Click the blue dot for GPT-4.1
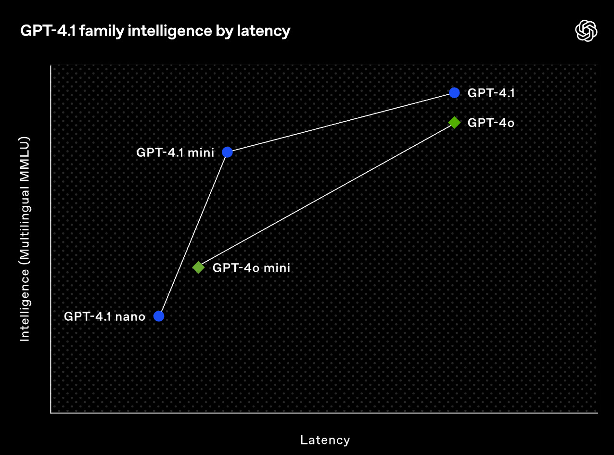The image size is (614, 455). [x=454, y=93]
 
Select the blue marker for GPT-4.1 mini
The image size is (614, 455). [x=228, y=152]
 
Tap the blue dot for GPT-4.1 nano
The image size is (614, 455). [x=159, y=316]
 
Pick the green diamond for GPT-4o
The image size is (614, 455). [x=454, y=122]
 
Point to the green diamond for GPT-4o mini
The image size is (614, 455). [x=198, y=267]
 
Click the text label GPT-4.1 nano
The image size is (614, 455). [x=104, y=316]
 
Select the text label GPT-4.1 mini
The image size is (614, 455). [x=175, y=152]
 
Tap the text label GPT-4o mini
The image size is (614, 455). [x=251, y=268]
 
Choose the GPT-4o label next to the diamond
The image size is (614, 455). [x=491, y=123]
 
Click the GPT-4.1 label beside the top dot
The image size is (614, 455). [x=491, y=93]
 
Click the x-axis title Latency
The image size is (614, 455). [x=325, y=440]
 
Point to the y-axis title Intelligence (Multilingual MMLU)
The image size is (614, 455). [x=25, y=239]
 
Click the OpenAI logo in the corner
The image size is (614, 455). [x=586, y=31]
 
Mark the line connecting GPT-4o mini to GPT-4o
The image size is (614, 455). [x=326, y=195]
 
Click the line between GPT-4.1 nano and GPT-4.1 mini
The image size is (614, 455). [x=193, y=234]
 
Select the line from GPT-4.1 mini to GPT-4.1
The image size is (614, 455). [x=341, y=123]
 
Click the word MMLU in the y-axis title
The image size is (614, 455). [x=25, y=154]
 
